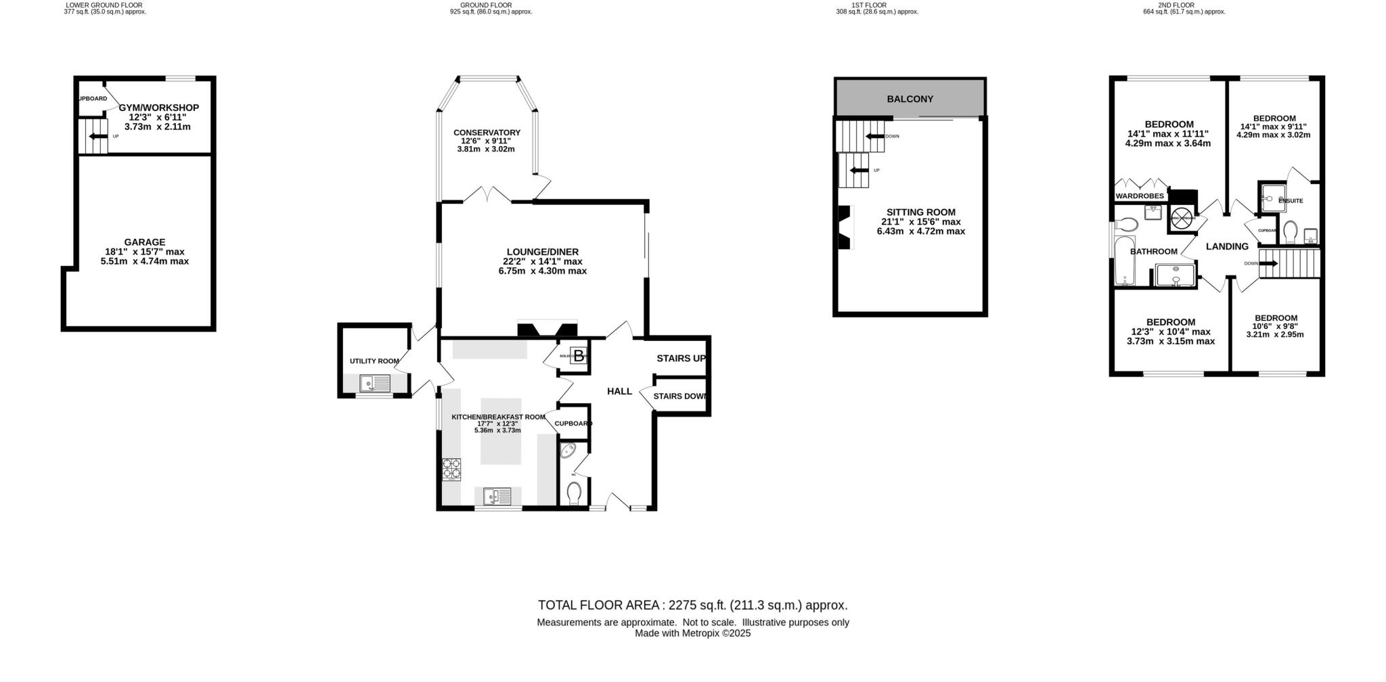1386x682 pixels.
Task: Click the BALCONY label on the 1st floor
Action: click(x=910, y=99)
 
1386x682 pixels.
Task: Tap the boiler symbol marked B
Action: click(x=579, y=355)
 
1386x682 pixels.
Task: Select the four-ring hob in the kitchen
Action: click(x=451, y=469)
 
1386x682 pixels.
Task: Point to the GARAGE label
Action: click(x=144, y=242)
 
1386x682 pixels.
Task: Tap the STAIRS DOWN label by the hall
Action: click(x=679, y=396)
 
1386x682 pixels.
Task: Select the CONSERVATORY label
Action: click(x=487, y=133)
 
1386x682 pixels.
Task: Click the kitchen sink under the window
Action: click(x=497, y=497)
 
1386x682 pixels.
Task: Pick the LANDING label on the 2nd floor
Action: click(x=1227, y=247)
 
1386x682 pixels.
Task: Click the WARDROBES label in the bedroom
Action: click(x=1140, y=196)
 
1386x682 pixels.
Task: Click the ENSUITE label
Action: click(x=1290, y=201)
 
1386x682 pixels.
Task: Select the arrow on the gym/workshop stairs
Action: click(x=99, y=136)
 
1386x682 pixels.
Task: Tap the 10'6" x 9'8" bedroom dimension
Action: click(x=1276, y=327)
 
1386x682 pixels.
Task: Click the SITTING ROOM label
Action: click(x=920, y=212)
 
